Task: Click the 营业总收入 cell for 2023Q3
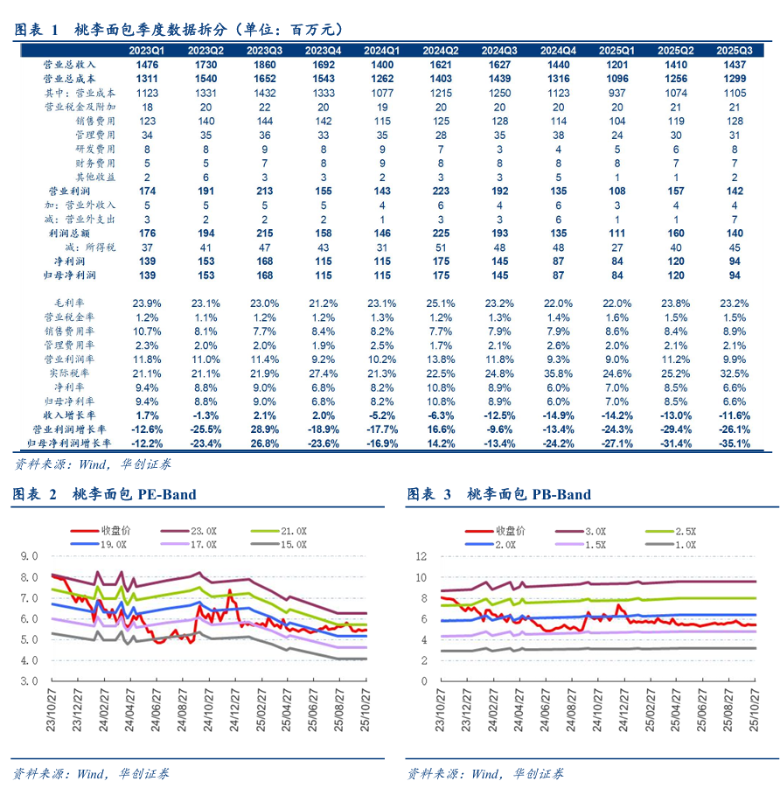(264, 65)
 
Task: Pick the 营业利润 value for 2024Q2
(441, 191)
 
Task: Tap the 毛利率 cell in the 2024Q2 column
(441, 302)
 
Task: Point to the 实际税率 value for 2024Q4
(557, 373)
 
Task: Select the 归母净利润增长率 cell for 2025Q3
(734, 443)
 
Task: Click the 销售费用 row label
(94, 121)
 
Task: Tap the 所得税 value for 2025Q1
(616, 247)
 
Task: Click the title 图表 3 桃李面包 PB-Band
(498, 495)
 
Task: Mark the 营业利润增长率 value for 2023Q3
(264, 429)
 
